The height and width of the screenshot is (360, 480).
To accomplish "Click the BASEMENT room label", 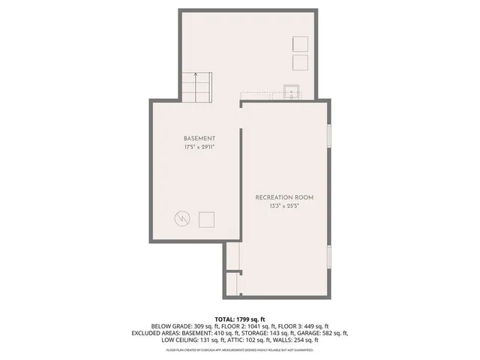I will (x=199, y=139).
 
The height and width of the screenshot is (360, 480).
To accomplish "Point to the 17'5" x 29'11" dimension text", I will (x=199, y=148).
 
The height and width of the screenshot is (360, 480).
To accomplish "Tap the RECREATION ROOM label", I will (x=284, y=197).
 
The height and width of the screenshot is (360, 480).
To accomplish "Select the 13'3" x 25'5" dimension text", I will (x=284, y=206).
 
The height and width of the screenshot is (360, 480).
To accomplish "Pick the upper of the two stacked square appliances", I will (x=300, y=43).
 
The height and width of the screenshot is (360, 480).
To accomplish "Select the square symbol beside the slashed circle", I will (x=206, y=219).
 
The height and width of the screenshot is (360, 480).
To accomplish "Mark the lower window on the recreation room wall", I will (x=330, y=256).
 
